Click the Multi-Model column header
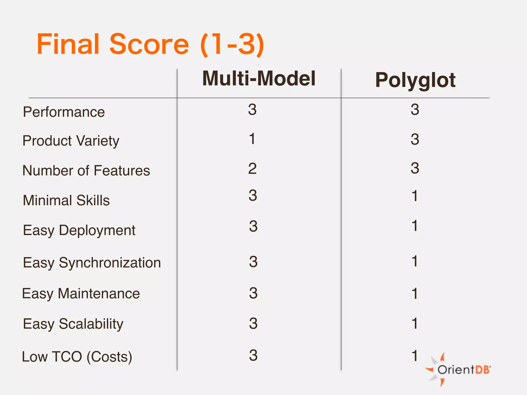[259, 78]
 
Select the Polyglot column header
[415, 80]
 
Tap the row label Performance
[64, 112]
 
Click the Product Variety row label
[71, 141]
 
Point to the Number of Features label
[86, 170]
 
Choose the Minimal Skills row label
[66, 200]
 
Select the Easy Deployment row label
[79, 230]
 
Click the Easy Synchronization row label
[92, 263]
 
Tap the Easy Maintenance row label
[81, 293]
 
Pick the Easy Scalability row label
[73, 324]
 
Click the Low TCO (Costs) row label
[77, 357]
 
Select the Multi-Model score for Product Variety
[252, 139]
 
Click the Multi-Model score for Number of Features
[252, 169]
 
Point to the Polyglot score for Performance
[415, 110]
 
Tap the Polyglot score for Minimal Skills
[415, 196]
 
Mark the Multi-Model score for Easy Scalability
[253, 323]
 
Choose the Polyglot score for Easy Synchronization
[415, 261]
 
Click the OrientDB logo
[458, 370]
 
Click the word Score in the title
[149, 44]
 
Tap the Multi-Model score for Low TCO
[253, 355]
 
